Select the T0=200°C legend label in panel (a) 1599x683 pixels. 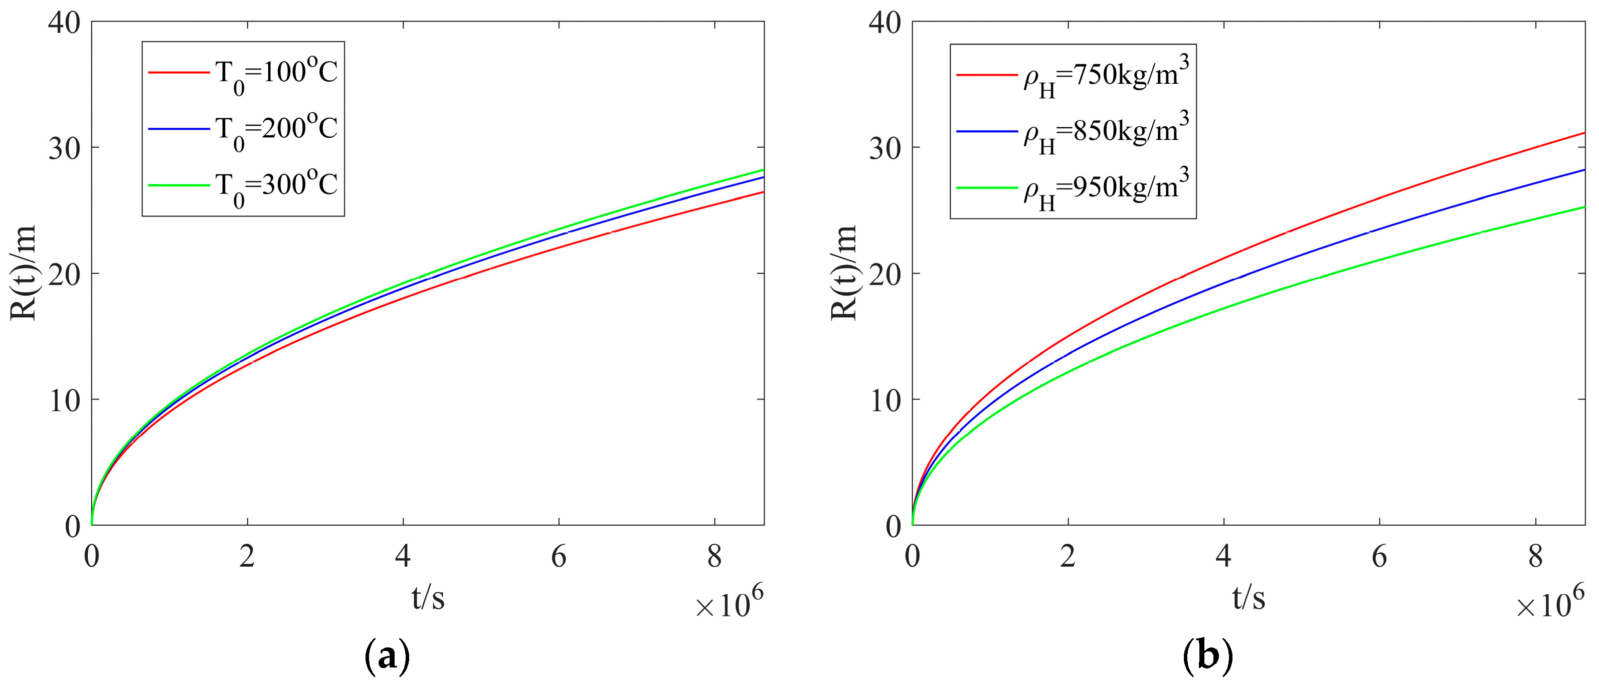click(276, 130)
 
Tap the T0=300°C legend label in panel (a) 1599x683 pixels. click(276, 185)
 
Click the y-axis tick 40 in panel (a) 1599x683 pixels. click(65, 24)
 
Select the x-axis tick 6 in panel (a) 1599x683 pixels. click(559, 556)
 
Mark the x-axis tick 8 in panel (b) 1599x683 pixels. click(1535, 556)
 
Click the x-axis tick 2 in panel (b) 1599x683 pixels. click(1068, 556)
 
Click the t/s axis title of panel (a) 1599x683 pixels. click(428, 598)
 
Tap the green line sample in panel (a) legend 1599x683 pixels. click(179, 185)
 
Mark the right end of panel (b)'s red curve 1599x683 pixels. click(1583, 133)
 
